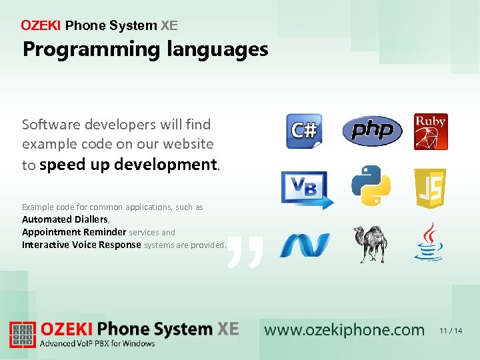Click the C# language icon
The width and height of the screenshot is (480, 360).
[x=304, y=131]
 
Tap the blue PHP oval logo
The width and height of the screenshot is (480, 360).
[x=372, y=131]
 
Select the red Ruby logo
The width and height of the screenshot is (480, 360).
[x=431, y=131]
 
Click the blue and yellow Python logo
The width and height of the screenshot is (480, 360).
[x=371, y=185]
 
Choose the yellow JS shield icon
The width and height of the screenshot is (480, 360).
[x=430, y=189]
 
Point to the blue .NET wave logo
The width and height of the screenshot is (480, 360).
[x=305, y=245]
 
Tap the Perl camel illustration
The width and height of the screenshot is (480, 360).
[x=371, y=244]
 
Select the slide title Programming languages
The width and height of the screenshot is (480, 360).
[x=145, y=49]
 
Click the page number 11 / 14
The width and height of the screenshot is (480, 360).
[x=451, y=331]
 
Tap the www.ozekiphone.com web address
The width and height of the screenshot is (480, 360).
[x=344, y=330]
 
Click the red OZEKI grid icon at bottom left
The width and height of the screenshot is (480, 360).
[x=23, y=335]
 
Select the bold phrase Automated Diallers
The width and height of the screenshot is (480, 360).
[x=65, y=219]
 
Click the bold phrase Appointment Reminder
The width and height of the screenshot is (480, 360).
[x=74, y=232]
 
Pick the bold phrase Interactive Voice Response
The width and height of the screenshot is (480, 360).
[x=81, y=245]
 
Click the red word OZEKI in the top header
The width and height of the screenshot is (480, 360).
[x=41, y=26]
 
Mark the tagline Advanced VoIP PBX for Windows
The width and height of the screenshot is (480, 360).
[x=98, y=344]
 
